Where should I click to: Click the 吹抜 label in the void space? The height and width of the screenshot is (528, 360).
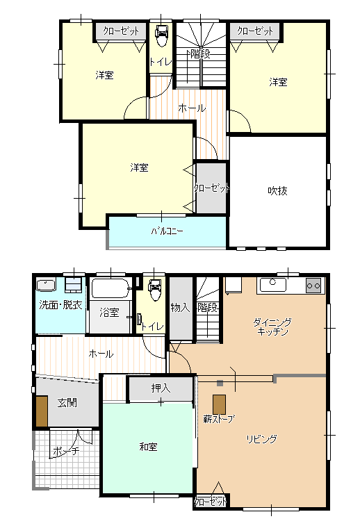277,191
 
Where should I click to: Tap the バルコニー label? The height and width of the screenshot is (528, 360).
167,231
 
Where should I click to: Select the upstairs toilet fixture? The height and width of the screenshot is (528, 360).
161,36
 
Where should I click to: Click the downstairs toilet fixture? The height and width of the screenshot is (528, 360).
154,290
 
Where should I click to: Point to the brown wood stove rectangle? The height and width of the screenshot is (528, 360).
219,404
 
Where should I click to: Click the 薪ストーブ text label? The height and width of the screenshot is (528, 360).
219,419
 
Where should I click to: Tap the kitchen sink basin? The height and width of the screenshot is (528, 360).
273,286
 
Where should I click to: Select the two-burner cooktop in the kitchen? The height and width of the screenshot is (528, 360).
313,286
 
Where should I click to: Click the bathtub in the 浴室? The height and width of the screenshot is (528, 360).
111,288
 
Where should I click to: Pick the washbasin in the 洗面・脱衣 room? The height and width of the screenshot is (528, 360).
46,286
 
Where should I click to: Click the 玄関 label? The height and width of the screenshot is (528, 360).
67,402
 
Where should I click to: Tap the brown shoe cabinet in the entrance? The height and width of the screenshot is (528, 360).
42,411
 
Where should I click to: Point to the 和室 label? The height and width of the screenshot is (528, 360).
148,447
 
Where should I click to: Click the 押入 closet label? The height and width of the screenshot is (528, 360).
161,388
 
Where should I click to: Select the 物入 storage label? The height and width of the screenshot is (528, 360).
181,307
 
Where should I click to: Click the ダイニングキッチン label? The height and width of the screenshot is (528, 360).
272,327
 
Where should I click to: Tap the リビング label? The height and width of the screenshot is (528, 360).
262,439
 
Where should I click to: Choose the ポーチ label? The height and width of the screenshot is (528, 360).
66,450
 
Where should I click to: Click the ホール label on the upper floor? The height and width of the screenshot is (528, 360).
192,108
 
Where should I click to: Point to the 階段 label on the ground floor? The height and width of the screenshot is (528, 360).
208,308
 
